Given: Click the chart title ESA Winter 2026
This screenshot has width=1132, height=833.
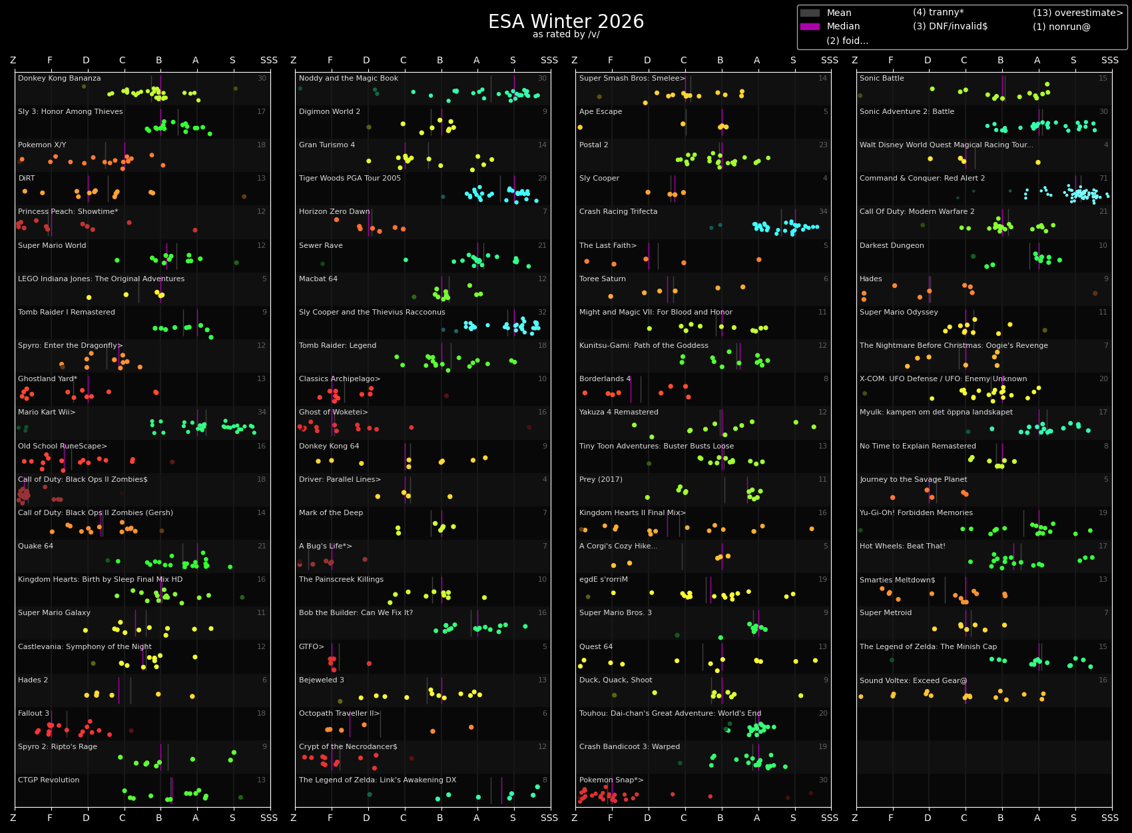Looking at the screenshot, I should pos(566,22).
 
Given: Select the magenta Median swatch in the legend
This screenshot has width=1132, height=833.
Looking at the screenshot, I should pos(810,27).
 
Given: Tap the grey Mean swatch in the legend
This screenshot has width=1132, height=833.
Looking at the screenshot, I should pos(810,13).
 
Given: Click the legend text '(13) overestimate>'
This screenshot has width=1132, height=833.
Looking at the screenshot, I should pos(1077,13).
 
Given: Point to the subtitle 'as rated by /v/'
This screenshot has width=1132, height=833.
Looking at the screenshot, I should pos(566,35).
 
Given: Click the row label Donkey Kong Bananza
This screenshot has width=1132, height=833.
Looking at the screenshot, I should pos(59,79).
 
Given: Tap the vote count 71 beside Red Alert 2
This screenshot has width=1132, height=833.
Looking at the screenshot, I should pos(1103,179).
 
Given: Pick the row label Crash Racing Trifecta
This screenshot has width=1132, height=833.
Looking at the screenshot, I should pos(618,212).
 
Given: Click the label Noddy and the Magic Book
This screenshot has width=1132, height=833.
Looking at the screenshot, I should pos(348,79).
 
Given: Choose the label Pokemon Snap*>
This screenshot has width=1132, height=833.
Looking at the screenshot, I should pos(611,780).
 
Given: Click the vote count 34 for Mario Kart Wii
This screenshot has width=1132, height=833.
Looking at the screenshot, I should pos(262,413).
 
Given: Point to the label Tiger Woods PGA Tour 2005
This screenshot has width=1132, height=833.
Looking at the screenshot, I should pos(350,179).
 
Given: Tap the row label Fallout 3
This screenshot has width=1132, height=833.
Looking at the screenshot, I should pos(33,714).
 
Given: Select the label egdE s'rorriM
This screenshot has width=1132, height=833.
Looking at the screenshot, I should pos(603,580).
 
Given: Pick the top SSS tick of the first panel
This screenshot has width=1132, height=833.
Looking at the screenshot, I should pos(269,61).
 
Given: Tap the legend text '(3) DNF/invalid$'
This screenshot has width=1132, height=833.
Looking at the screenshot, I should pos(950,27).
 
